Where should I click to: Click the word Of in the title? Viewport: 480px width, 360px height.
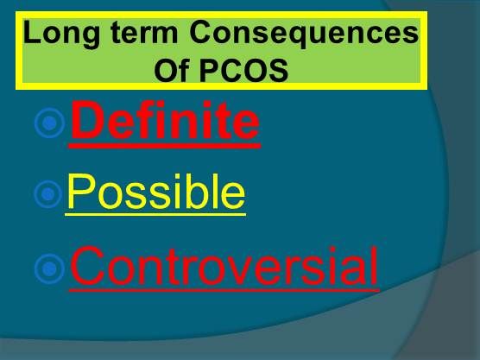pyautogui.click(x=169, y=71)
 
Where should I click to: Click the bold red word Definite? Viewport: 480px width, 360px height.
pyautogui.click(x=165, y=123)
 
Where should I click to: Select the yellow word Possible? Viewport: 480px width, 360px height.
pyautogui.click(x=155, y=194)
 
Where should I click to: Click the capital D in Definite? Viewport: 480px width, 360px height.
pyautogui.click(x=85, y=123)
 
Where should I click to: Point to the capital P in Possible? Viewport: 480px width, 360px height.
pyautogui.click(x=80, y=194)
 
